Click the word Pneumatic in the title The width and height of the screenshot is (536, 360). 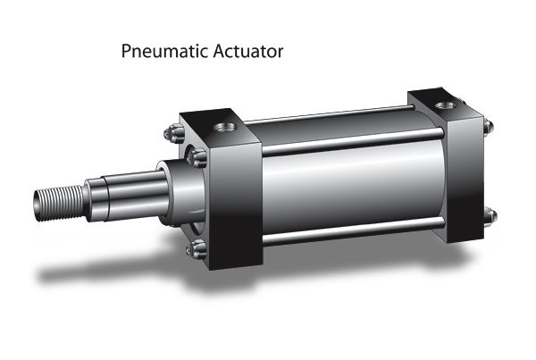click(x=164, y=52)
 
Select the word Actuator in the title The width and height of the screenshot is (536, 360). click(x=248, y=51)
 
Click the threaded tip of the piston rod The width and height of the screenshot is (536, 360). click(x=59, y=203)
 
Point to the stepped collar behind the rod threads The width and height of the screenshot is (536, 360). click(x=95, y=199)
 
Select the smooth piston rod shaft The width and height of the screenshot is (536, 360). click(x=136, y=196)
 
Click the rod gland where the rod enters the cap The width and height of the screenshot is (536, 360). click(x=181, y=193)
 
